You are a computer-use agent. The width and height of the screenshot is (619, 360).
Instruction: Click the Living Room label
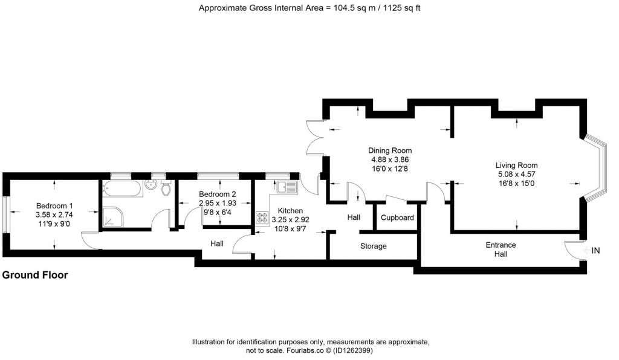516,165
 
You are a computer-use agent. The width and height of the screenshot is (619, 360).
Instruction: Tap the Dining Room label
390,150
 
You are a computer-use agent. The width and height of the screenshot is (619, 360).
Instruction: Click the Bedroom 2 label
217,194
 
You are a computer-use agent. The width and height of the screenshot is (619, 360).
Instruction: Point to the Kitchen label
290,211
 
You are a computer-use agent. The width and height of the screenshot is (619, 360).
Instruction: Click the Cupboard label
397,217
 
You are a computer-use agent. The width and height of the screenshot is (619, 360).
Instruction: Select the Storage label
373,246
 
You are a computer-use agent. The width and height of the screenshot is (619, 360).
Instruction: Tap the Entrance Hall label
501,249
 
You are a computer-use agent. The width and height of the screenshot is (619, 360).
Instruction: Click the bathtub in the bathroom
123,188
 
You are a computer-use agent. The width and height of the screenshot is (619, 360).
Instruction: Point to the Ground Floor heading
35,275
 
